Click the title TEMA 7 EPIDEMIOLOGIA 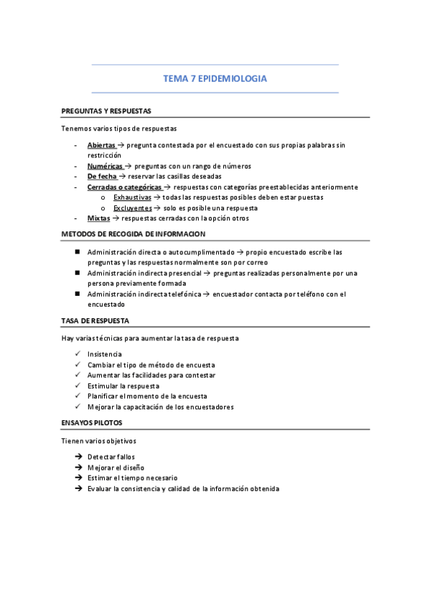215,79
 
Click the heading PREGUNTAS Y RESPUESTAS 106,111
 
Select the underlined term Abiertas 101,145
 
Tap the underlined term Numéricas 105,166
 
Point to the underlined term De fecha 102,176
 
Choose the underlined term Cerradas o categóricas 124,187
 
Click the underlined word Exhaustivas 132,197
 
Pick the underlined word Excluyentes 133,208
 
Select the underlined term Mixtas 98,218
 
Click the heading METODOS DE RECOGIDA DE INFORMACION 133,234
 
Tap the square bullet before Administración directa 77,252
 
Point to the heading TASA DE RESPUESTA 95,320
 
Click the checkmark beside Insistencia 77,354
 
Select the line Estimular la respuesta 123,386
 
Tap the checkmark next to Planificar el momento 77,396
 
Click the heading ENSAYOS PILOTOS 92,423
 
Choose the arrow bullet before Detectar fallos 77,457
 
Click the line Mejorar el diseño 116,468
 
